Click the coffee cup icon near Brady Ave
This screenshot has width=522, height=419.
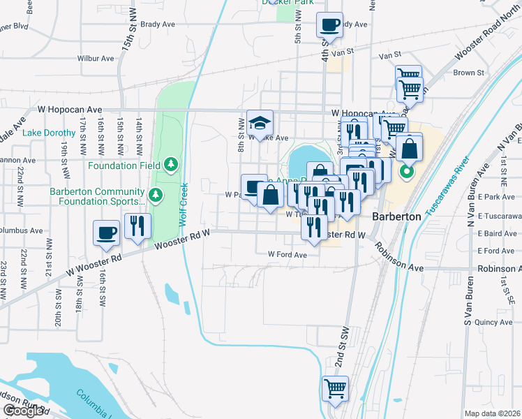329,26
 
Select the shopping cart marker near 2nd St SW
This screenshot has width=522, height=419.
335,389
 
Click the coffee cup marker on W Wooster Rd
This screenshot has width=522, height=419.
107,233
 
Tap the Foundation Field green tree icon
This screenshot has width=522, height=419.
171,165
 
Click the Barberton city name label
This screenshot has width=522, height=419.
396,216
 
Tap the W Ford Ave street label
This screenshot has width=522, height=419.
288,255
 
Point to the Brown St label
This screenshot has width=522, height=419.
468,73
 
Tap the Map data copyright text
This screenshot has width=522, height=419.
493,413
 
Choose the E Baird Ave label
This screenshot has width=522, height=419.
497,233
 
